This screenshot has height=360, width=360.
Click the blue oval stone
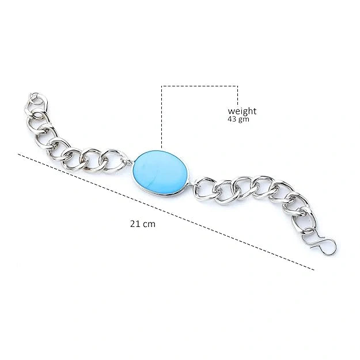point(162,173)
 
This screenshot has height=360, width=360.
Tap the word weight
point(242,111)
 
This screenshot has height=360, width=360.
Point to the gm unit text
point(245,119)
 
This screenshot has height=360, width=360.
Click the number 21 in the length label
point(134,223)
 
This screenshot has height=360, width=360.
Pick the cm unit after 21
point(149,223)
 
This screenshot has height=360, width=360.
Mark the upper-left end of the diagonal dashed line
point(20,154)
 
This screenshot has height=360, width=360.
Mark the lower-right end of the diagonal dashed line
point(314,269)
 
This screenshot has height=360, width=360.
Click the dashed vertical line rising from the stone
point(162,118)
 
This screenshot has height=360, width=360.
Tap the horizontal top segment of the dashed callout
point(200,86)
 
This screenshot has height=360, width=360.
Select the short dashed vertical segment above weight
point(237,95)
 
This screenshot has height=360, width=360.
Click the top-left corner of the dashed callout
point(162,86)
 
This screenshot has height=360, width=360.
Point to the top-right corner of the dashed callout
point(237,86)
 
